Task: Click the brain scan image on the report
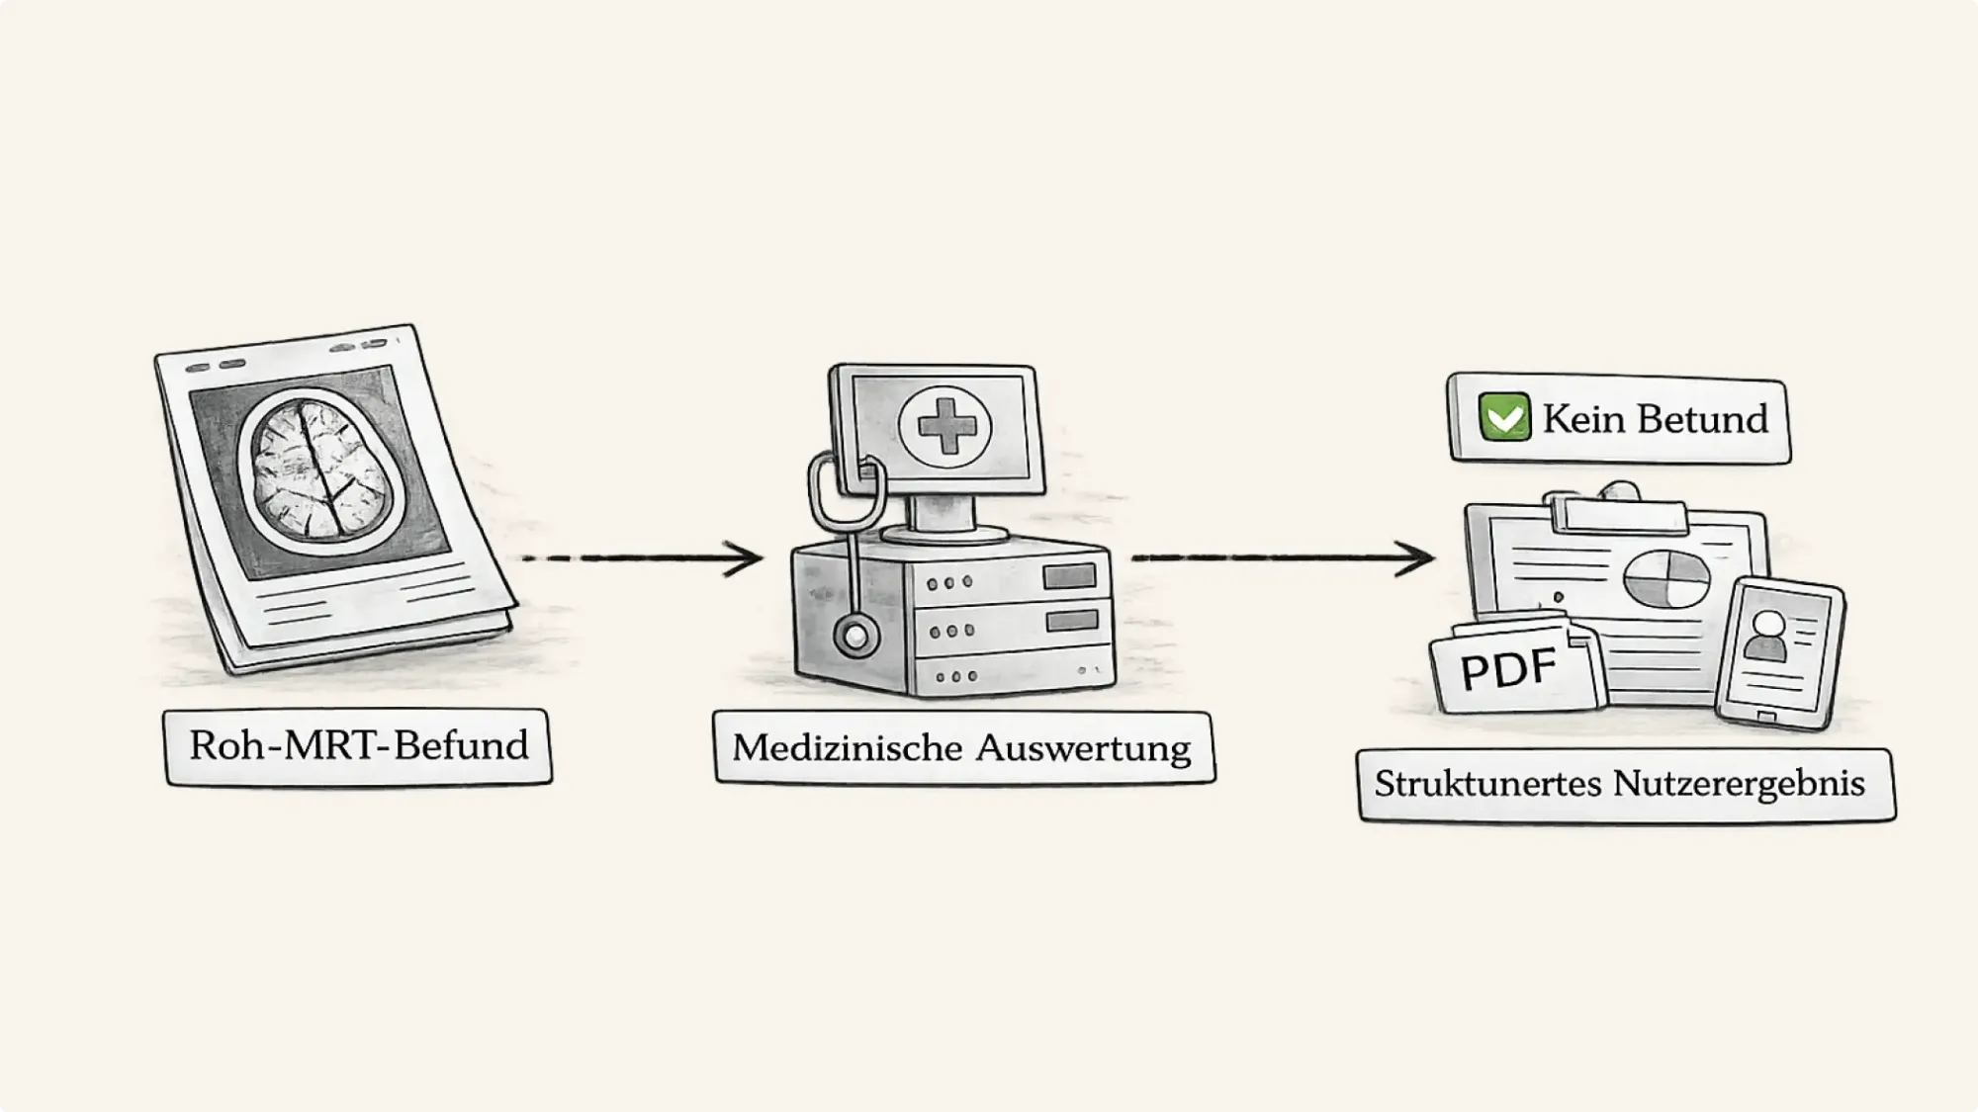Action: (x=318, y=470)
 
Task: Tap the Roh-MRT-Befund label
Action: (x=358, y=746)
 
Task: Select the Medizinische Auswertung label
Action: (x=962, y=748)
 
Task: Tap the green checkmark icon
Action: (x=1504, y=417)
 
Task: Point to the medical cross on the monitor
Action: (x=944, y=426)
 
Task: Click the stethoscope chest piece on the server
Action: (x=855, y=638)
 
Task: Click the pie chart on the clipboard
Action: (x=1666, y=578)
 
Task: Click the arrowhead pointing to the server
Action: (x=747, y=558)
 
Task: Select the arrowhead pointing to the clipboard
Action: (x=1418, y=558)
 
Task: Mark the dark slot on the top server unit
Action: (x=1071, y=576)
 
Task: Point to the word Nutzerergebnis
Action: (x=1739, y=785)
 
